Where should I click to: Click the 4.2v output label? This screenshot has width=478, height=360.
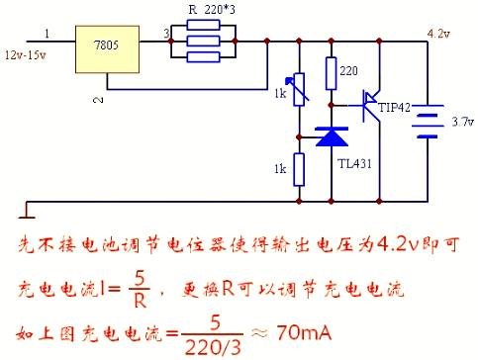436,33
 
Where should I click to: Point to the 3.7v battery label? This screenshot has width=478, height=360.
461,123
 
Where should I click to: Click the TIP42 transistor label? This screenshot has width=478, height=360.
393,107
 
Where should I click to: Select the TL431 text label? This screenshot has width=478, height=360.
354,164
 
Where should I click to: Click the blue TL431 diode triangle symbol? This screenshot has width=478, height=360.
330,136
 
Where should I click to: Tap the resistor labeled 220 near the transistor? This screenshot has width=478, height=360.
331,72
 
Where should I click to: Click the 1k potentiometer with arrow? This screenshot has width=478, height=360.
297,94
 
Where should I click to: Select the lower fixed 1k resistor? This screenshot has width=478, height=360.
298,170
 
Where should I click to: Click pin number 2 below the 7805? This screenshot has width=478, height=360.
96,100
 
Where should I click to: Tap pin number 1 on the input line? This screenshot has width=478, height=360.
47,34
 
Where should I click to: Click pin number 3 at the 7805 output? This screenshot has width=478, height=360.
167,34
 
